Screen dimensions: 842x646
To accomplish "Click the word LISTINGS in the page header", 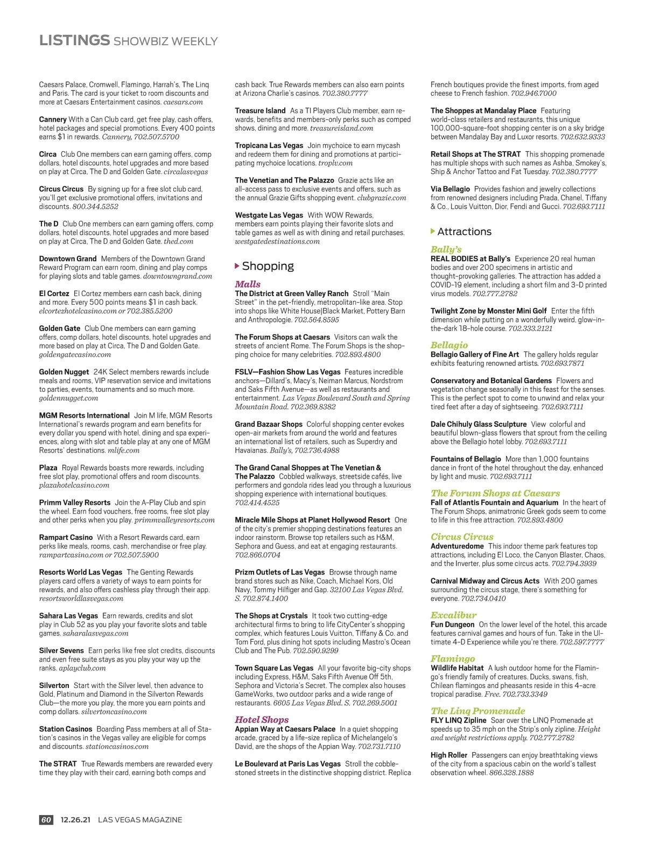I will pos(74,40).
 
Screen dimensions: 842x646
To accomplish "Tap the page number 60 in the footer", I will pos(46,820).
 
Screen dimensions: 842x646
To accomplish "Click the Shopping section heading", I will pos(268,266).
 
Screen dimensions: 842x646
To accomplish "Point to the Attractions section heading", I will pos(464,231).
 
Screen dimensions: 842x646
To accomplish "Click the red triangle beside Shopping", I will pos(237,266).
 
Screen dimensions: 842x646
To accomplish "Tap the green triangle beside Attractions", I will pos(433,231).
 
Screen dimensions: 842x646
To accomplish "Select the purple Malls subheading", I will pos(248,284).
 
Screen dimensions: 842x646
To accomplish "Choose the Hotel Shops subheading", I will pos(262,719).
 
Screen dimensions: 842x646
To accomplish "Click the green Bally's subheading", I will pos(446,249).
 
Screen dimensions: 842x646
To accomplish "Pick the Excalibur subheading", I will pos(453,615).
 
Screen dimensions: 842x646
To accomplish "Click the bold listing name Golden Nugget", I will pos(64,372).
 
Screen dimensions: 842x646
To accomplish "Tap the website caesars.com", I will pos(183,102).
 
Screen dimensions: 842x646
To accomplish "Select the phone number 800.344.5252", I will pos(95,206).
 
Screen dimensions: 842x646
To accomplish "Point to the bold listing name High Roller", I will pos(449,755).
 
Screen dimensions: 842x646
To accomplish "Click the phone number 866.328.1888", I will pos(511,773).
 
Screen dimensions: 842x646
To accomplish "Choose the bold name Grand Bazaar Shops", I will pos(269,424).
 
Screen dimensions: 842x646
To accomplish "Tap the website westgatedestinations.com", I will pos(277,241).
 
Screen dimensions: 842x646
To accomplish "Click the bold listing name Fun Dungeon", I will pos(452,625).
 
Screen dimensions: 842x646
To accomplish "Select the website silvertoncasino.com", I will pos(114,712).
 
